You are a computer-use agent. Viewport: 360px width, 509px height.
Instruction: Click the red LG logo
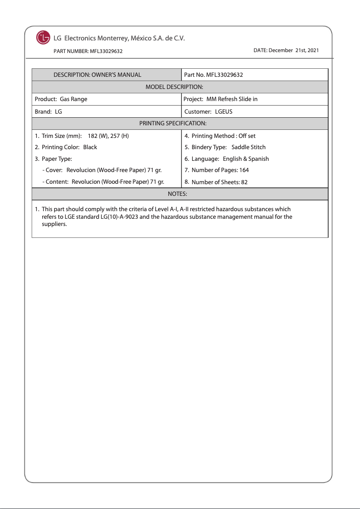click(43, 38)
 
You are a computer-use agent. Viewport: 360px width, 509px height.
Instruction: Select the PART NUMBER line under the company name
click(88, 51)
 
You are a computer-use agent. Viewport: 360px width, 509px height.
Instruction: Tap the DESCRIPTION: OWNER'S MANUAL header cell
click(97, 75)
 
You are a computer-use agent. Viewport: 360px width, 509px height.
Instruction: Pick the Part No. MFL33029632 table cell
click(214, 75)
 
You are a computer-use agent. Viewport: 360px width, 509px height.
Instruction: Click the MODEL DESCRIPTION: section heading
click(175, 87)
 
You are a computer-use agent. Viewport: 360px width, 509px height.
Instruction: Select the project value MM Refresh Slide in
click(232, 99)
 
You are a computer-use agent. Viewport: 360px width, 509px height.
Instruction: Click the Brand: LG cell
click(48, 111)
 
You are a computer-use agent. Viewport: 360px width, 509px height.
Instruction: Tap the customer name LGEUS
click(224, 111)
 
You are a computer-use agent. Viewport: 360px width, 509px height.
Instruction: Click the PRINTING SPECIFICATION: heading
click(173, 123)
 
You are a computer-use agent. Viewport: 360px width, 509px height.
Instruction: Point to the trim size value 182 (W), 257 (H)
click(108, 136)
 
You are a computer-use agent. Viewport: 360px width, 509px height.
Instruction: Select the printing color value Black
click(90, 147)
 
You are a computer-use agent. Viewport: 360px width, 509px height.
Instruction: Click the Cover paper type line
click(101, 170)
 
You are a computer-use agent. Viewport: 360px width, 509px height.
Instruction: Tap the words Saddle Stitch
click(249, 147)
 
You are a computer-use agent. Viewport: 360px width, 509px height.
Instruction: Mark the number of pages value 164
click(244, 170)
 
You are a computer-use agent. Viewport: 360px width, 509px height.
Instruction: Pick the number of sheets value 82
click(244, 182)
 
